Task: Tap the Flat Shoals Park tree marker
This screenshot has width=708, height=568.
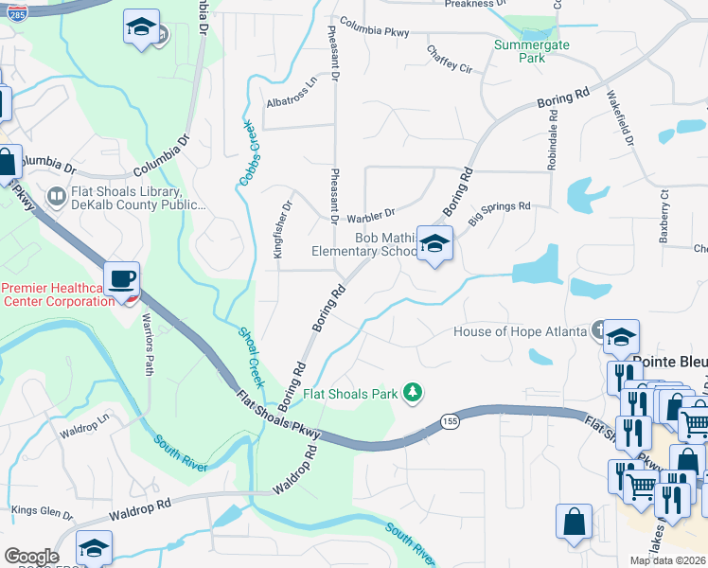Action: (412, 391)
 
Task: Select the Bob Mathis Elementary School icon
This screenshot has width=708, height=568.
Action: (434, 244)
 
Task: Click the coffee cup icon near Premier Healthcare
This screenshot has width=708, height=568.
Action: (122, 279)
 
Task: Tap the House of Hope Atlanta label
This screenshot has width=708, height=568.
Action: (520, 331)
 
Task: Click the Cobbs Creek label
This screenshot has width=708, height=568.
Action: (248, 152)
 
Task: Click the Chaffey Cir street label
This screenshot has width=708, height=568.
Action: (450, 59)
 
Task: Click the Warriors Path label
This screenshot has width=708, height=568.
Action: (149, 351)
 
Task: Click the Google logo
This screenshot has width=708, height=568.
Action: (31, 556)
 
